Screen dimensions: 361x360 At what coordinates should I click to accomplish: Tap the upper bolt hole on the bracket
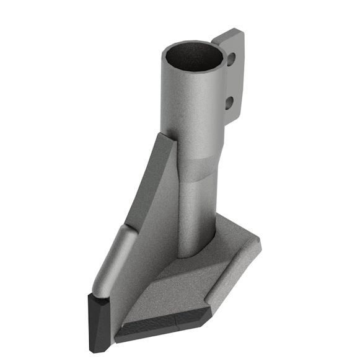point(230,60)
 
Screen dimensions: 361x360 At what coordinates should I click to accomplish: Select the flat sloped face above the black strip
point(180,292)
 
